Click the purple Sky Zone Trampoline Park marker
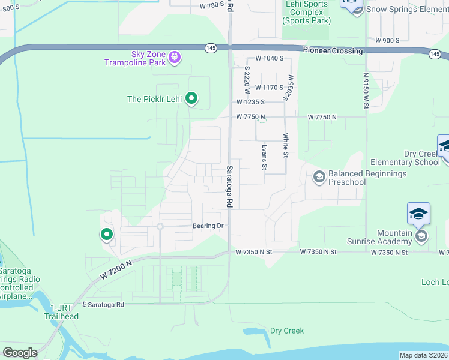(175, 58)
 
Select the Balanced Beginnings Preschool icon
(319, 176)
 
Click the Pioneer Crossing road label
(333, 51)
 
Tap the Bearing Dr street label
(208, 226)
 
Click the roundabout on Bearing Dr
(160, 226)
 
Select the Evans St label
(264, 157)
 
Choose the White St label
(286, 146)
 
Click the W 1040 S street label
(268, 59)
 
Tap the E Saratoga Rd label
(103, 305)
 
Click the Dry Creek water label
(287, 331)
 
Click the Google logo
(20, 353)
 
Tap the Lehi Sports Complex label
(307, 12)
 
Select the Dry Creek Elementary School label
(405, 158)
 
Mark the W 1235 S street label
(250, 102)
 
